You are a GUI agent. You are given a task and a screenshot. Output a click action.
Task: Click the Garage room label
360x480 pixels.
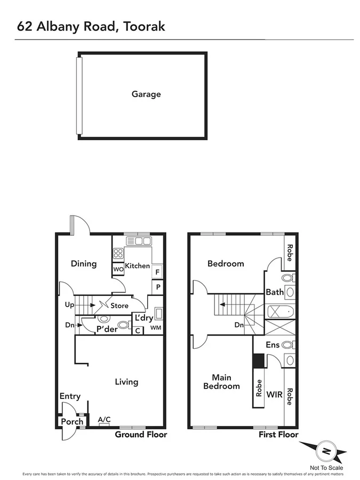[146, 94]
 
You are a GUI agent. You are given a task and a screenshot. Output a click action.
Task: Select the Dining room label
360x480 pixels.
[84, 263]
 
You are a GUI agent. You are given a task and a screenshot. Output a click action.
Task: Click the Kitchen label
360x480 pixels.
[137, 266]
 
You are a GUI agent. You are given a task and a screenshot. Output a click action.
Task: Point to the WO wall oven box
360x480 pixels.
[118, 269]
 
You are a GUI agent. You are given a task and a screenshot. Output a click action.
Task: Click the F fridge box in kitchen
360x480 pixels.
[157, 272]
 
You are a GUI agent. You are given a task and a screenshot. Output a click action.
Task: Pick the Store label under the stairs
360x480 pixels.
[119, 306]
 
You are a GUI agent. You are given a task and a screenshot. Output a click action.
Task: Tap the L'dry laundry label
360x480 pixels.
[144, 318]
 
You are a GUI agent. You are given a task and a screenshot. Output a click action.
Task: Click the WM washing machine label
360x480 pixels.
[155, 327]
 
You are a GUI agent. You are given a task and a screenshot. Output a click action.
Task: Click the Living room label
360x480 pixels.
[127, 381]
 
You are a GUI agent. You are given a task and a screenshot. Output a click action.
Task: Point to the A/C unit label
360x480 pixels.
[105, 420]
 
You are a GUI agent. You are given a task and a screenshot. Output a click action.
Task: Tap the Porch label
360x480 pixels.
[73, 421]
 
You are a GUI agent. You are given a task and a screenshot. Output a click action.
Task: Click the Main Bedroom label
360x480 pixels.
[221, 381]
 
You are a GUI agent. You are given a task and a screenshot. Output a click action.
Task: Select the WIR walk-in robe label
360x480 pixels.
[274, 395]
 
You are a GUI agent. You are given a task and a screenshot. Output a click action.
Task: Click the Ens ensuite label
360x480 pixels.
[273, 345]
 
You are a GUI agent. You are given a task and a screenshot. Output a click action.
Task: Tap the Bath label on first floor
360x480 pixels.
[275, 292]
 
